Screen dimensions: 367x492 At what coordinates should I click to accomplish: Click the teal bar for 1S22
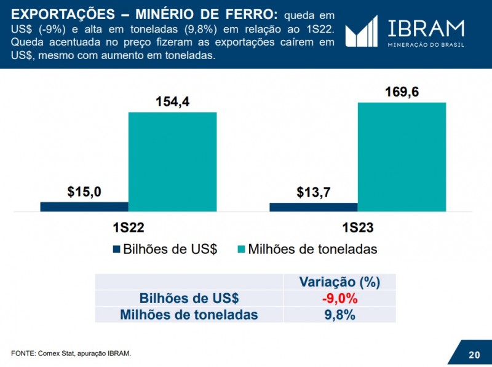coord(172,162)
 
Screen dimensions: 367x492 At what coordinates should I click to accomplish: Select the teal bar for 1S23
coord(402,157)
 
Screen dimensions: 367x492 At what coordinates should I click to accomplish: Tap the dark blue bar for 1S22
coord(84,207)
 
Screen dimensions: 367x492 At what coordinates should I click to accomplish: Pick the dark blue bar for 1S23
coord(313,207)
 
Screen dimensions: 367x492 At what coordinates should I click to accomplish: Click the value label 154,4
coord(172,102)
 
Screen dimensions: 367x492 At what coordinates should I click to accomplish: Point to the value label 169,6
coord(402,92)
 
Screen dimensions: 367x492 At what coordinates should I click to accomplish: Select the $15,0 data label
coord(84,192)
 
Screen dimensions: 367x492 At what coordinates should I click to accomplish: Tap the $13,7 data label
coord(313,192)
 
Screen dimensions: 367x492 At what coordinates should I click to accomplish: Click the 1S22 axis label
coord(129,227)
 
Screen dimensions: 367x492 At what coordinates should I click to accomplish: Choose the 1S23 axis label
coord(358,227)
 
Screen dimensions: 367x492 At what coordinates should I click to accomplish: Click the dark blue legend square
coord(117,249)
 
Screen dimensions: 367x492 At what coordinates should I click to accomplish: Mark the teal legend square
coord(241,249)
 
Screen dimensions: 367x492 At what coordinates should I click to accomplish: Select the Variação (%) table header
coord(339,282)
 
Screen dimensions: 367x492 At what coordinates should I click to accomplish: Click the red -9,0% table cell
coord(339,299)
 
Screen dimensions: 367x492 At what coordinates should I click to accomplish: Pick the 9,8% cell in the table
coord(339,315)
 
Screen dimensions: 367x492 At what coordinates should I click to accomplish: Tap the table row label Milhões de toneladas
coord(189,315)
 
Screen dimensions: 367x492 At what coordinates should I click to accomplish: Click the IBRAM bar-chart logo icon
coord(361,31)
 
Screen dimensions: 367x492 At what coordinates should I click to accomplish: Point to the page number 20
coord(474,355)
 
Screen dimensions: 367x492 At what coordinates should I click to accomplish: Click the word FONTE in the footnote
coord(23,353)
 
